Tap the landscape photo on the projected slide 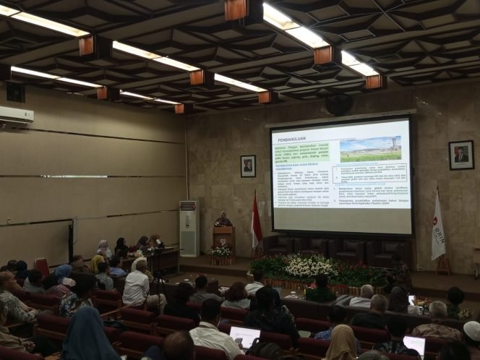point(370,148)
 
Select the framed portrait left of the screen point(248,166)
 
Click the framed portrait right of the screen point(460,155)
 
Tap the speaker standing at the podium point(223,220)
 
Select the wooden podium point(223,238)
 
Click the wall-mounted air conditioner point(16,115)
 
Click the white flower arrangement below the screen point(311,266)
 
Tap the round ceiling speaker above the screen point(338,105)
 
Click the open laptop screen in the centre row point(245,335)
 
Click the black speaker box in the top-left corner point(15,92)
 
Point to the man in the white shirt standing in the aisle point(137,284)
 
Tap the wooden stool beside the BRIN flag point(443,265)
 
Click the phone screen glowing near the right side point(411,299)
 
